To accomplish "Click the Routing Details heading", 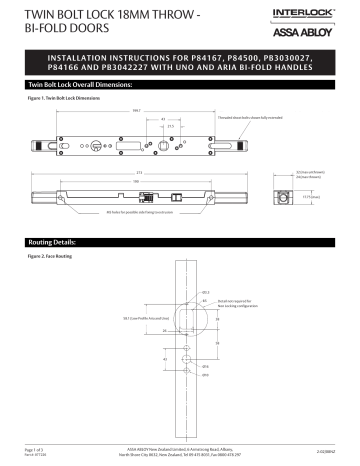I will [50, 243].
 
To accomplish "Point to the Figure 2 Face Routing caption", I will [51, 257].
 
